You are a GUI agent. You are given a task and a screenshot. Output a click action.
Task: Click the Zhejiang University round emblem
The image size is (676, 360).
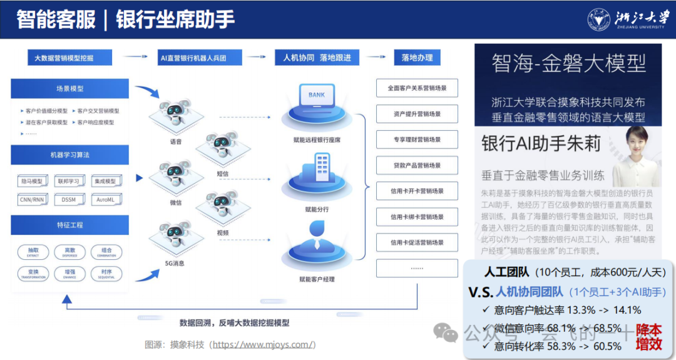pyautogui.click(x=598, y=19)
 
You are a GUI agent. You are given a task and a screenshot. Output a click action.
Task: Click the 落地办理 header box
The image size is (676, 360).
pyautogui.click(x=417, y=58)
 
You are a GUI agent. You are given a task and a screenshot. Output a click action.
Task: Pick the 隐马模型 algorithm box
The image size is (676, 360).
pyautogui.click(x=31, y=182)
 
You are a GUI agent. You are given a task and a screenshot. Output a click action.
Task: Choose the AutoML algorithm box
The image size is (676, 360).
pyautogui.click(x=106, y=200)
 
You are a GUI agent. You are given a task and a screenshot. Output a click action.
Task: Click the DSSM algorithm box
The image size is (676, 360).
pyautogui.click(x=69, y=200)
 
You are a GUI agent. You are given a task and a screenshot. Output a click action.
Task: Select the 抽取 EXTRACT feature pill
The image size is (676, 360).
pyautogui.click(x=33, y=252)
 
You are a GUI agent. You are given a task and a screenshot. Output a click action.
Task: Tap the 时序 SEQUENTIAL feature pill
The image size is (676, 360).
pyautogui.click(x=106, y=274)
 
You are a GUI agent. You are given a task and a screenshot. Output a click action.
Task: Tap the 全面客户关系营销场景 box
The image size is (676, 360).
pyautogui.click(x=417, y=88)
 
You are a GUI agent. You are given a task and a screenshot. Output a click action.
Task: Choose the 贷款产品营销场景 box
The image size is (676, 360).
pyautogui.click(x=417, y=165)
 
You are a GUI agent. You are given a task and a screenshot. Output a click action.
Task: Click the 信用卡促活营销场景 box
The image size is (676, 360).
pyautogui.click(x=417, y=242)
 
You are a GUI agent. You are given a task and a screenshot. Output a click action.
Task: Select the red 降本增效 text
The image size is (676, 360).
pyautogui.click(x=648, y=337)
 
